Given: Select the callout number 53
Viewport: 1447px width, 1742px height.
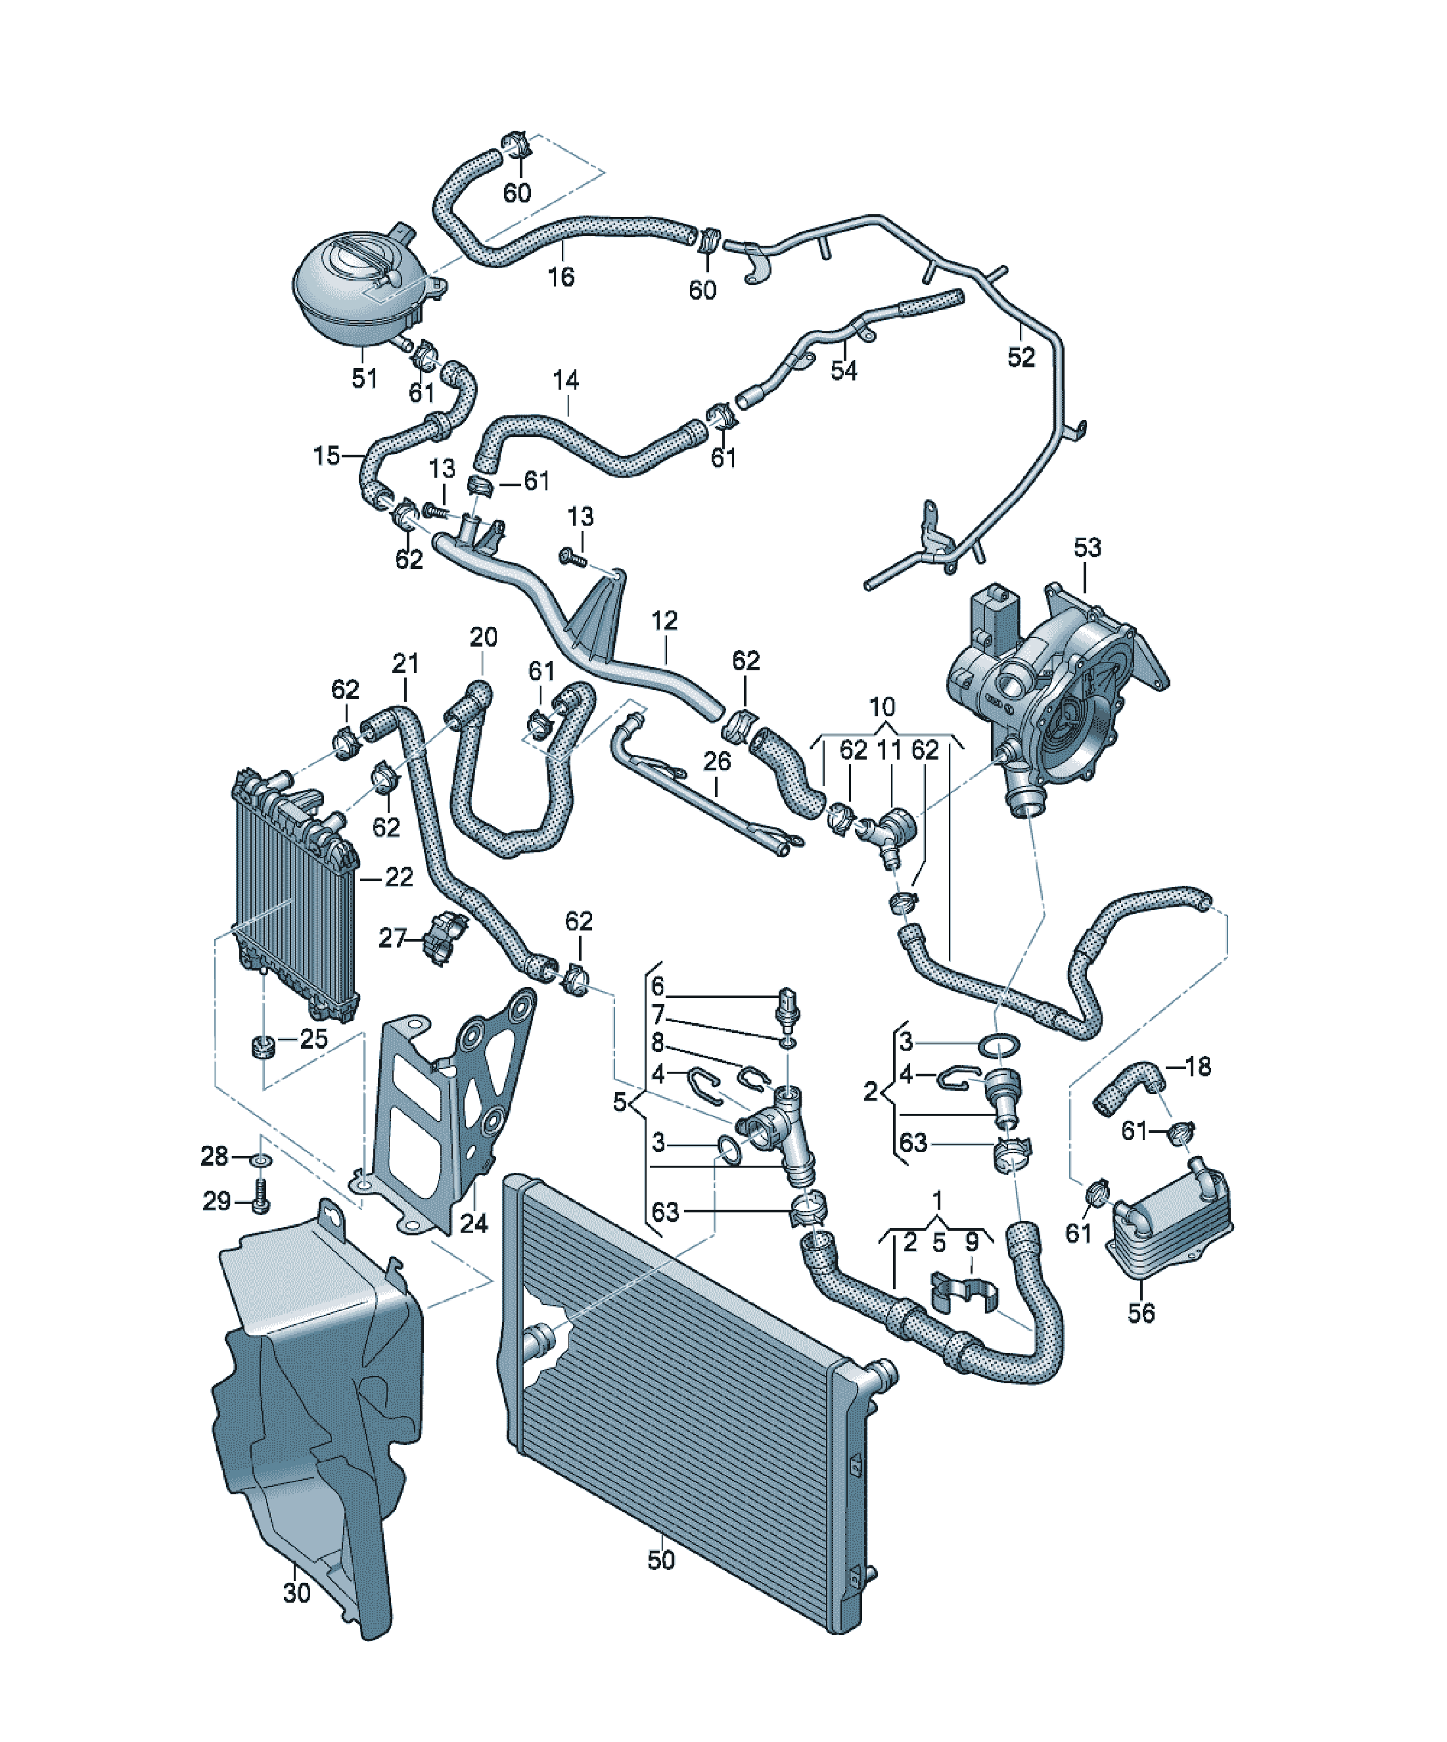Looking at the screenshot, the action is pyautogui.click(x=1087, y=547).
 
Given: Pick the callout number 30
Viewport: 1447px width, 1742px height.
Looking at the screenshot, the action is pyautogui.click(x=296, y=1593).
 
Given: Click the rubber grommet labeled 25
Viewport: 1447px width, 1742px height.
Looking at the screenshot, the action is pyautogui.click(x=262, y=1047).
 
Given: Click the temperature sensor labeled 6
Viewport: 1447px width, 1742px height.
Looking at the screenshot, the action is pyautogui.click(x=788, y=1005).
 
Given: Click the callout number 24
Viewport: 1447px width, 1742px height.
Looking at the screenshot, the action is pyautogui.click(x=473, y=1223).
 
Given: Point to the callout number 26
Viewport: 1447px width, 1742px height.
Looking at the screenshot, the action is pyautogui.click(x=717, y=761).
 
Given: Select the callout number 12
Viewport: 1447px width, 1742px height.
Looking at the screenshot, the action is pyautogui.click(x=664, y=620).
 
